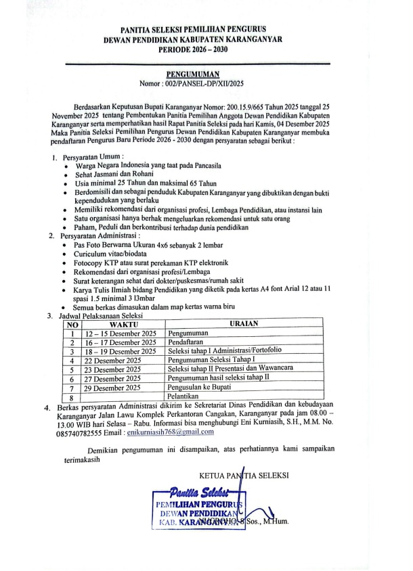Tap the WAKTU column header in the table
[123, 324]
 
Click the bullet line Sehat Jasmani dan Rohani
[121, 174]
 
